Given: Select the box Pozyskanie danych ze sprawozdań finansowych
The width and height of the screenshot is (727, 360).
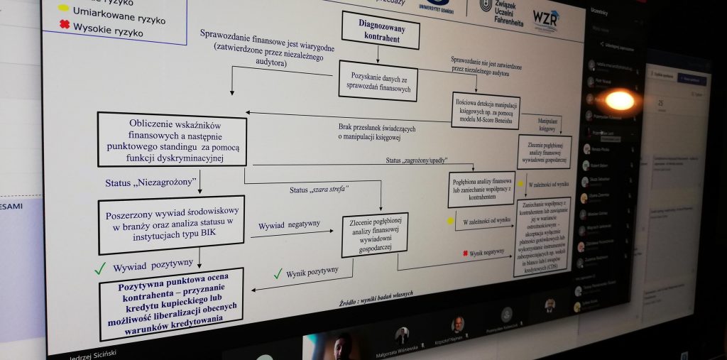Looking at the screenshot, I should [x=378, y=80].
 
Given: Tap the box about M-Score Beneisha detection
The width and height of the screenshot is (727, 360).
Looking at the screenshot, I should [x=485, y=110].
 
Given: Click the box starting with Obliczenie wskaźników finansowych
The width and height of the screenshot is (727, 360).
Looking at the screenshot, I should [x=172, y=138].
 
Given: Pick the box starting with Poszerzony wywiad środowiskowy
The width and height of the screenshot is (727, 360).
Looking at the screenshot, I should [x=170, y=224].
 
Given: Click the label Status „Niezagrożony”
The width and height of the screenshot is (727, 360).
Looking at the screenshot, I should [x=150, y=183].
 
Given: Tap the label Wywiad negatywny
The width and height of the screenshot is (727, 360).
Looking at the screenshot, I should [x=289, y=224].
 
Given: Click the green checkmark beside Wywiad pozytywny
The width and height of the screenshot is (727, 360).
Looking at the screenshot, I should [x=100, y=268].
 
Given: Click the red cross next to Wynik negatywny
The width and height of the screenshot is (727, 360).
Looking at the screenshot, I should [x=465, y=253].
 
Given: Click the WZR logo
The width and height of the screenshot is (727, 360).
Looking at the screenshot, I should [x=545, y=18].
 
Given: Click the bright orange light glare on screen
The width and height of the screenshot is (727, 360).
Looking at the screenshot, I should [x=619, y=100].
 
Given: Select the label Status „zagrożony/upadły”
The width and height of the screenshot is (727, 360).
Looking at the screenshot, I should [x=421, y=160].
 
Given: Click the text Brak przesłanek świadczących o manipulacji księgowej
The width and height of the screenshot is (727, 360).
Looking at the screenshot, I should [x=376, y=131].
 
